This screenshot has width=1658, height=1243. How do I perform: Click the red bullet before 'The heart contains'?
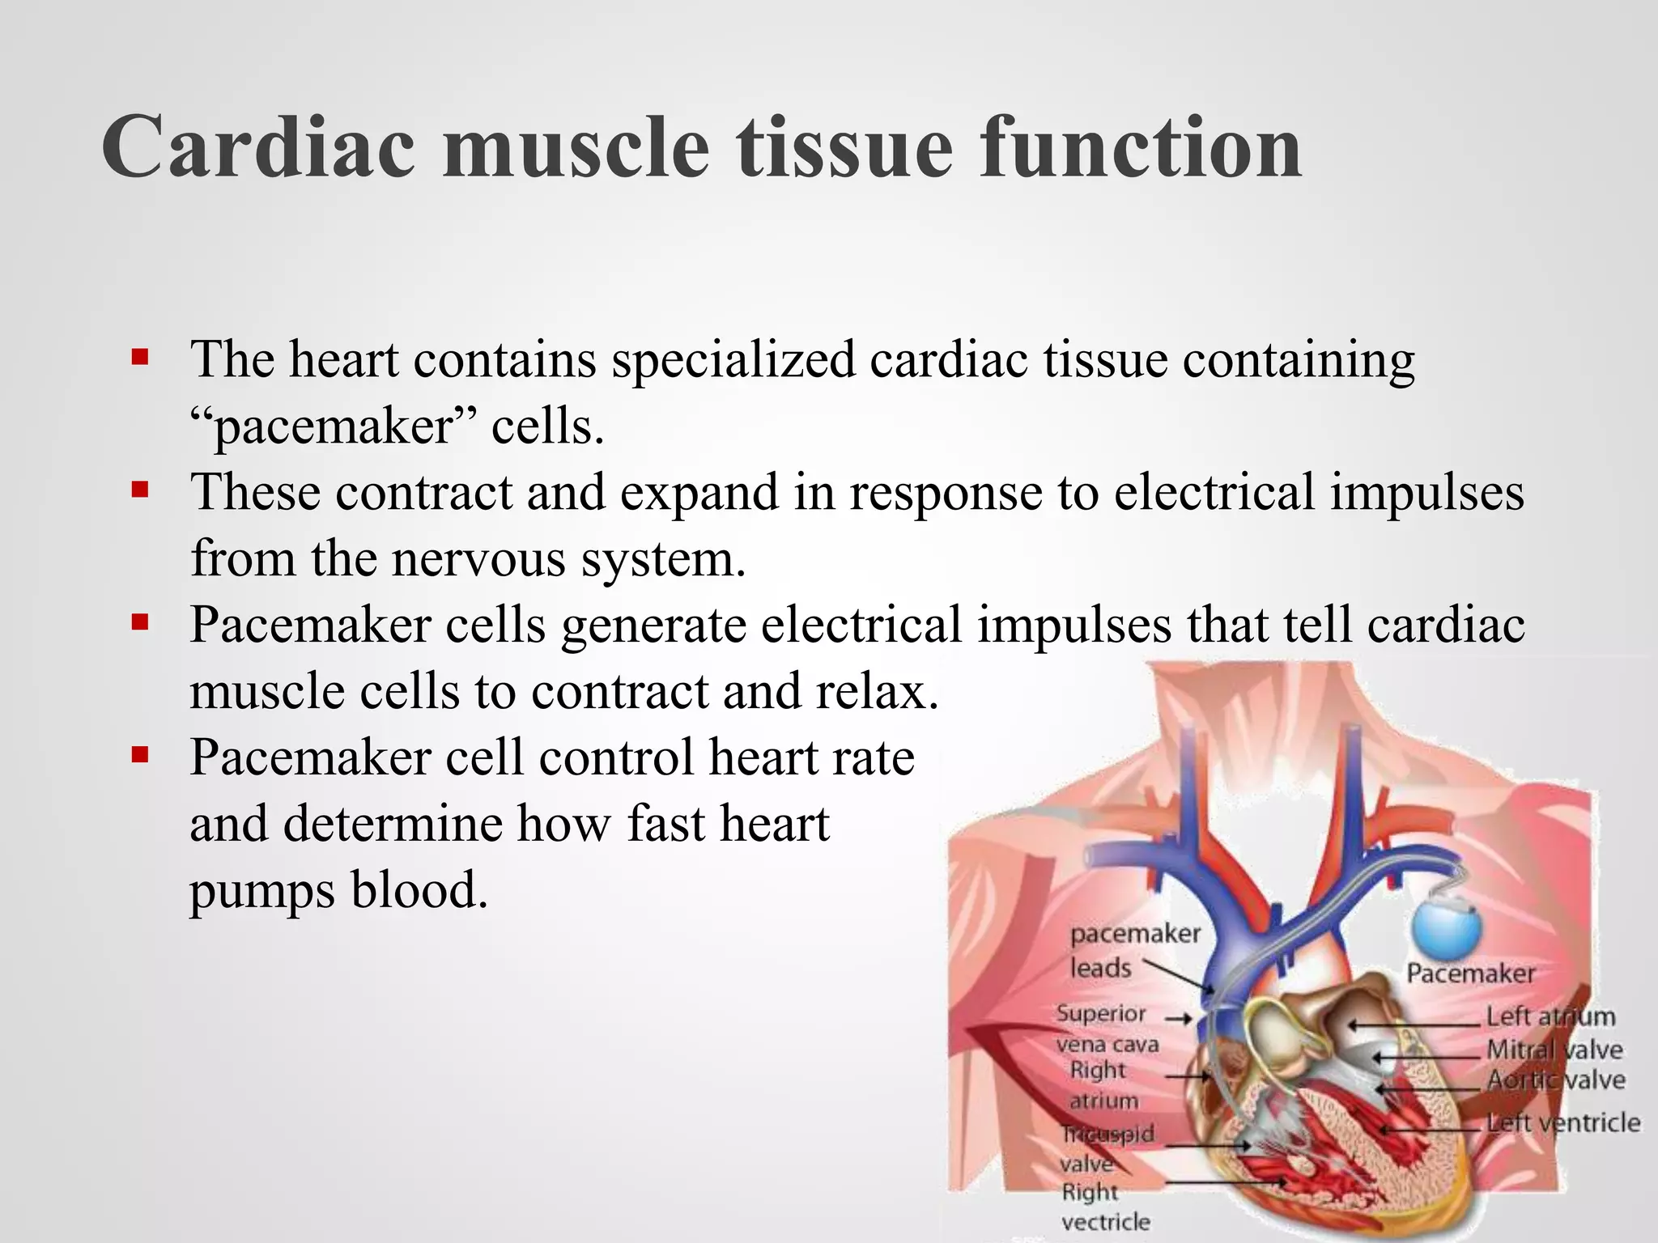(x=140, y=357)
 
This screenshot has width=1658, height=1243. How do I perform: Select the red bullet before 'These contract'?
(x=140, y=490)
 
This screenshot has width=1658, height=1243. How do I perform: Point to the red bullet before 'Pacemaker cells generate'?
(x=140, y=622)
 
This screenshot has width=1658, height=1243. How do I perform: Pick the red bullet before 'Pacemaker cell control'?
(x=140, y=755)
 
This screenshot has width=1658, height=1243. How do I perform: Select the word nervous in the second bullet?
(x=478, y=558)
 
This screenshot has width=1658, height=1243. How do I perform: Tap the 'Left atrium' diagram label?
(x=1550, y=1016)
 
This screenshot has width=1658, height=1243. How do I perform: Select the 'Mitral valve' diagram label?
(x=1554, y=1050)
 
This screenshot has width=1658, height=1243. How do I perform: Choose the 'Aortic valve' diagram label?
(x=1555, y=1080)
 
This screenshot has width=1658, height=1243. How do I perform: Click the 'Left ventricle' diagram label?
(x=1563, y=1122)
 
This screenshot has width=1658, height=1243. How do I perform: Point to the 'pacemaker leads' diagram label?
(x=1133, y=950)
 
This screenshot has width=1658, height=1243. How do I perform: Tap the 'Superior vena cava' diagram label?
(x=1106, y=1029)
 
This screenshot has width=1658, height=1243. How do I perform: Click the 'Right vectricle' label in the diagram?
(x=1104, y=1207)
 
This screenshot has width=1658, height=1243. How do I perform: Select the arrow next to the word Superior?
(x=1179, y=1019)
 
